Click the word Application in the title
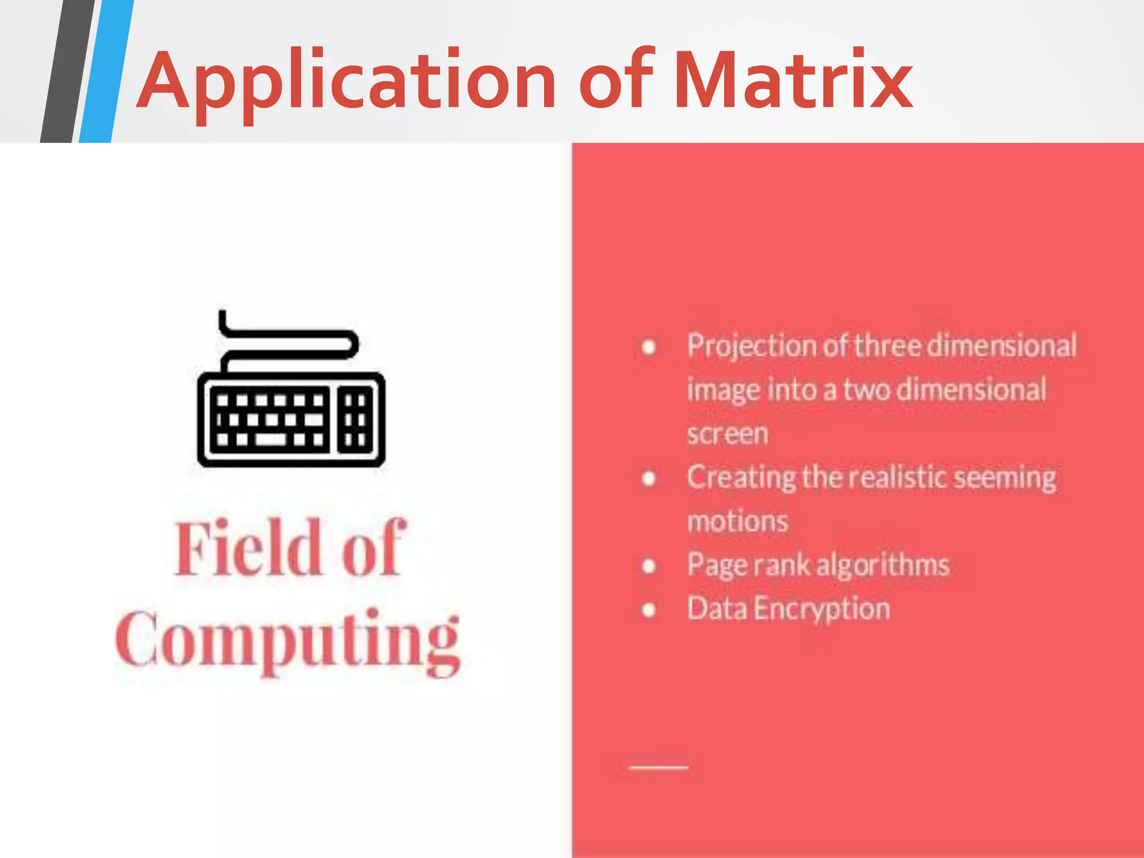click(x=346, y=81)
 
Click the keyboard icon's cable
click(x=290, y=338)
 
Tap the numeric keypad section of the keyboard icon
click(x=355, y=420)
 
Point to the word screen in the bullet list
click(x=727, y=433)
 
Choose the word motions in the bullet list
click(x=737, y=522)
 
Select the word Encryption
click(x=821, y=609)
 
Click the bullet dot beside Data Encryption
click(x=649, y=609)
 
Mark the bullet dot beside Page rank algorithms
click(x=649, y=566)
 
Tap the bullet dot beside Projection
click(x=649, y=347)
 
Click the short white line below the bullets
click(x=659, y=768)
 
